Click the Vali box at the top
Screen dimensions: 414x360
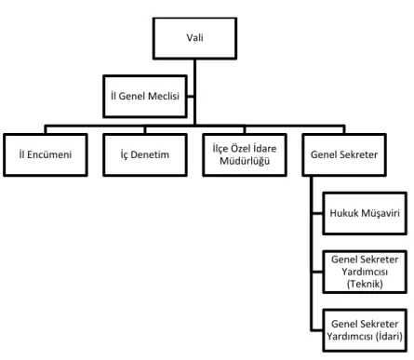[x=194, y=38]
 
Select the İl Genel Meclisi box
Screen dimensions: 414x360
[x=145, y=96]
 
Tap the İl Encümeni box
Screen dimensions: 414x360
[x=46, y=154]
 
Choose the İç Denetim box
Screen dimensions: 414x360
[x=145, y=154]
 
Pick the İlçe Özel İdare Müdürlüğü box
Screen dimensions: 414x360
[x=245, y=154]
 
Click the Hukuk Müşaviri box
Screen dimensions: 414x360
[x=365, y=213]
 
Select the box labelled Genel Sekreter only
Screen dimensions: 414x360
[x=344, y=154]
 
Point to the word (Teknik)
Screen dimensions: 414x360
[x=365, y=284]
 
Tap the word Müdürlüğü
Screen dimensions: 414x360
[x=245, y=161]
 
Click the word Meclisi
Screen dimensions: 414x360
[x=164, y=96]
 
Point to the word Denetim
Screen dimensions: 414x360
[x=150, y=154]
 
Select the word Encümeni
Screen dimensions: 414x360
[x=49, y=154]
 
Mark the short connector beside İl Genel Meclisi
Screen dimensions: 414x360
[x=190, y=96]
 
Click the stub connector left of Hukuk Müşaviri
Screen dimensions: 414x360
[x=317, y=213]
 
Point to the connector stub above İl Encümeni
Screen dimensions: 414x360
[x=46, y=129]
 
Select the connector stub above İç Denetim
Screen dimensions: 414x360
[x=145, y=129]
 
